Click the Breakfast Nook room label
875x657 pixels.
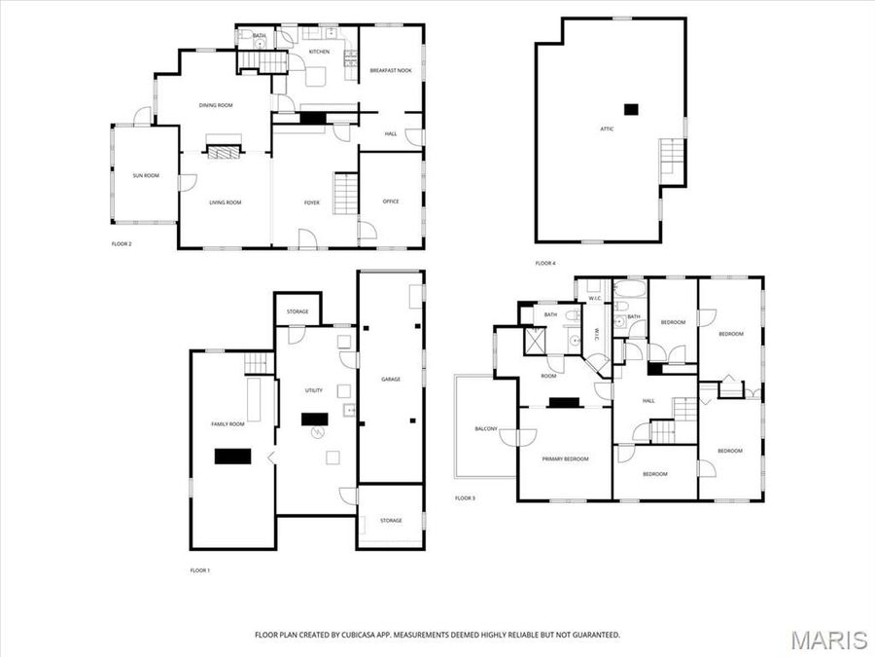[x=391, y=71]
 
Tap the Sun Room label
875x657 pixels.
[x=146, y=175]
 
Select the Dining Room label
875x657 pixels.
[x=216, y=105]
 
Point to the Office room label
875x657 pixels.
[x=391, y=201]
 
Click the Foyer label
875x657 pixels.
[x=311, y=202]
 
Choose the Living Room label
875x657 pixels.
[x=225, y=202]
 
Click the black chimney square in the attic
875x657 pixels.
[x=631, y=109]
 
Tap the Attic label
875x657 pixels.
[x=607, y=128]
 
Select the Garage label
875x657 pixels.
[x=391, y=378]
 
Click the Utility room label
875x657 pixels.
[x=313, y=390]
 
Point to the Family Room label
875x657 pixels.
[x=227, y=424]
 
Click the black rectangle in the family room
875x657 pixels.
[x=232, y=456]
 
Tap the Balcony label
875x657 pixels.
[x=486, y=428]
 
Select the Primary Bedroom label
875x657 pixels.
[x=565, y=458]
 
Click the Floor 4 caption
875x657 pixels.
[x=545, y=263]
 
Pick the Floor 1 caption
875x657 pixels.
[x=199, y=570]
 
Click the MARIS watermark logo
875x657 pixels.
[x=828, y=639]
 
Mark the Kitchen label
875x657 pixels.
[x=319, y=52]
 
